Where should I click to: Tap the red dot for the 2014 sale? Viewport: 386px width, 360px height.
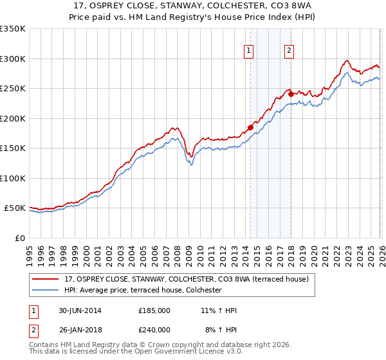point(250,127)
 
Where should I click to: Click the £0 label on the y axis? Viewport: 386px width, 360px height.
point(19,239)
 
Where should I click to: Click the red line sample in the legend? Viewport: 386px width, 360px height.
point(46,279)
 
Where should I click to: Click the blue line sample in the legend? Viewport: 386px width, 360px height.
point(46,291)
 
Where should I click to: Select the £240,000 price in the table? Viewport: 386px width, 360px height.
point(154,330)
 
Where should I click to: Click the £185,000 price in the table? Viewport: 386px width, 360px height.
point(154,310)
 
